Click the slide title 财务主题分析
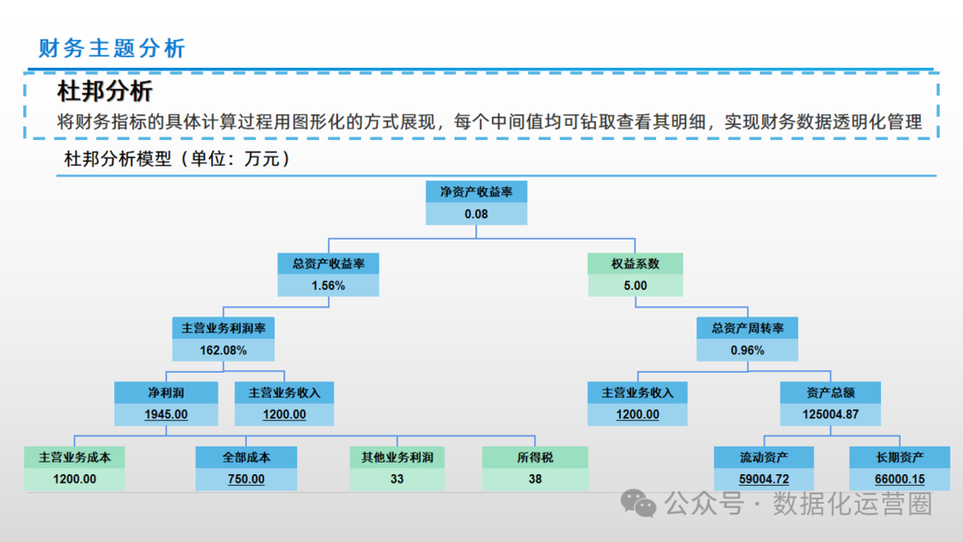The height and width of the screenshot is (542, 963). click(x=111, y=47)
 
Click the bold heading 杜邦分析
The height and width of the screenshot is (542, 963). click(x=105, y=91)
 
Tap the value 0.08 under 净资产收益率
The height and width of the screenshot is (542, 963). click(x=476, y=214)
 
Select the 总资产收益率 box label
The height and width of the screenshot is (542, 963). click(x=328, y=263)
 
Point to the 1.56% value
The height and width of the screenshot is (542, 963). click(x=328, y=286)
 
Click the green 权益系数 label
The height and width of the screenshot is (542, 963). click(x=636, y=263)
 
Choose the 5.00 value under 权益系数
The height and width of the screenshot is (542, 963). click(x=636, y=286)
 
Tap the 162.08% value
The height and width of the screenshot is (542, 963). click(x=223, y=350)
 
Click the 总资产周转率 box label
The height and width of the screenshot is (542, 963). click(x=747, y=327)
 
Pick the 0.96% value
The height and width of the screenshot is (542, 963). click(x=747, y=350)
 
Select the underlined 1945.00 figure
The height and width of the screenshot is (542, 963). click(x=166, y=415)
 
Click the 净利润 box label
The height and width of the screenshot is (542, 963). click(x=166, y=392)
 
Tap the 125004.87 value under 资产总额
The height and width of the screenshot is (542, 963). click(x=830, y=415)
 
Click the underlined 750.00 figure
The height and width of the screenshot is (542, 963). click(x=246, y=479)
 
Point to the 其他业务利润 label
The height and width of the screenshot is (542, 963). click(x=397, y=457)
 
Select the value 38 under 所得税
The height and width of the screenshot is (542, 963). click(x=535, y=479)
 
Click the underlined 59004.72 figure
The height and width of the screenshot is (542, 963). click(x=764, y=479)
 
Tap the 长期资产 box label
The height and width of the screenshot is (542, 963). click(x=899, y=457)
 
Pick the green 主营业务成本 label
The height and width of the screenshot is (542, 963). click(x=75, y=457)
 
